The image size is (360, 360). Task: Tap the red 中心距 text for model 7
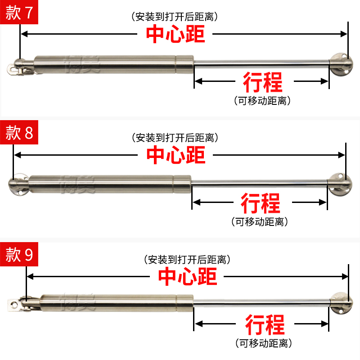tap(175, 34)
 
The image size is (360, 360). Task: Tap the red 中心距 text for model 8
tap(175, 155)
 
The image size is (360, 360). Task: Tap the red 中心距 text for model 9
tap(187, 276)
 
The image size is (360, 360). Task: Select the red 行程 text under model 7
tap(263, 82)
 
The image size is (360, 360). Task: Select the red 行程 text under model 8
tap(261, 203)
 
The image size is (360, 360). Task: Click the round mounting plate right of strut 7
tap(341, 64)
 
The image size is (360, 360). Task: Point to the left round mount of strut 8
tap(18, 184)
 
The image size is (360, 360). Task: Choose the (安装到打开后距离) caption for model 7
tap(175, 17)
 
